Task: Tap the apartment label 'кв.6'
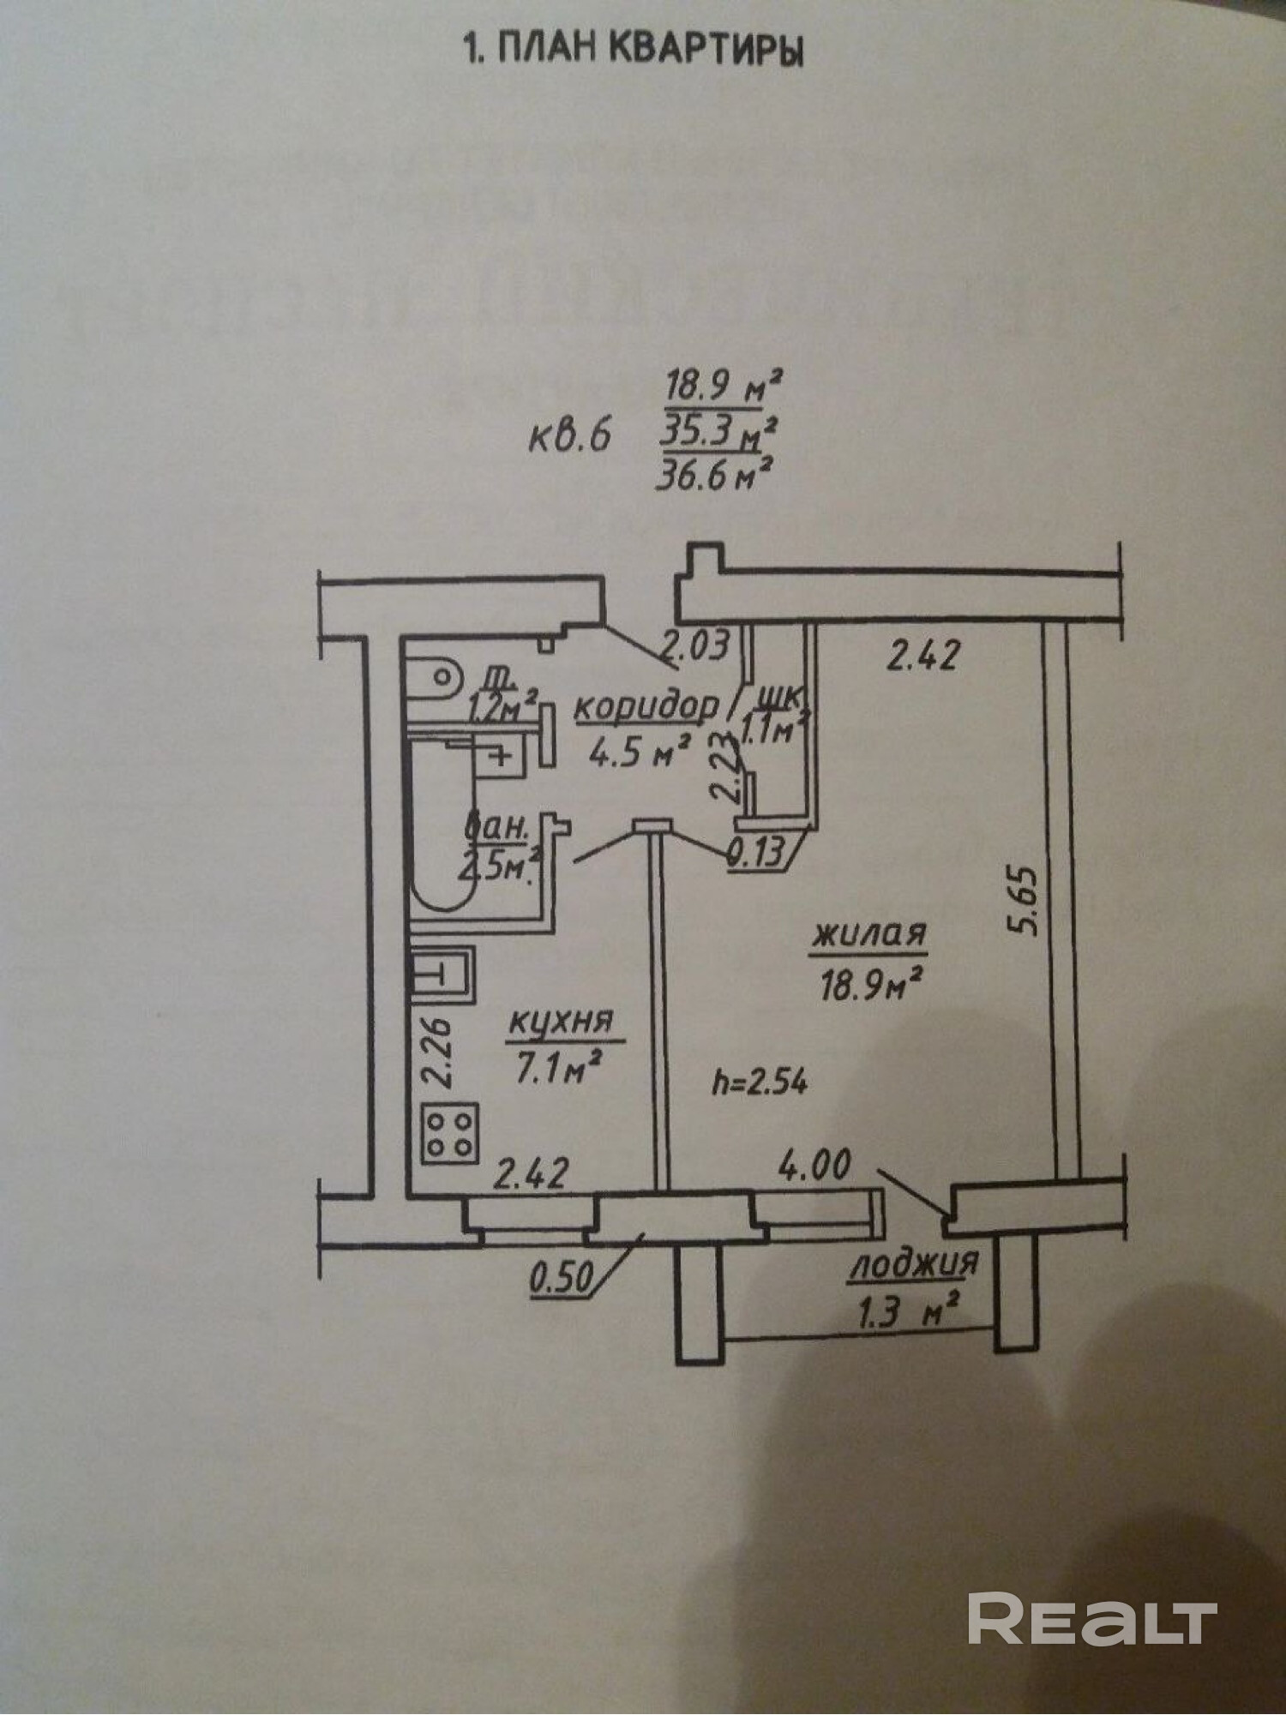569,436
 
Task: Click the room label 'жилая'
869,933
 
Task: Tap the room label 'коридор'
645,707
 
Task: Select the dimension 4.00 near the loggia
814,1165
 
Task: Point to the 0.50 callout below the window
562,1280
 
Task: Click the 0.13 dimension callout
755,853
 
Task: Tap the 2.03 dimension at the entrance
699,644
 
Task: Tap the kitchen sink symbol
442,974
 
